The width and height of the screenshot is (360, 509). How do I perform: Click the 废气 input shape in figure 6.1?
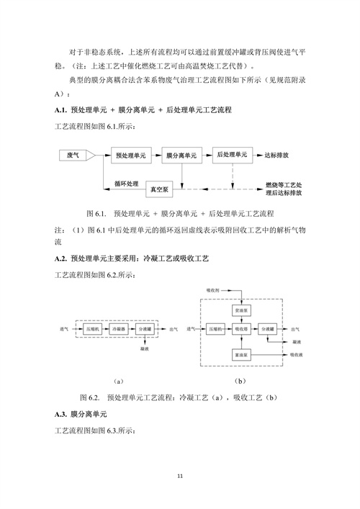(74, 156)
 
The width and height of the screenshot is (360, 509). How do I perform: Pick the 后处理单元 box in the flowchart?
(232, 155)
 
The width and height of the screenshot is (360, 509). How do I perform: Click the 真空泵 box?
(161, 189)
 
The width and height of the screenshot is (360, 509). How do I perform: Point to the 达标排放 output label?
(278, 155)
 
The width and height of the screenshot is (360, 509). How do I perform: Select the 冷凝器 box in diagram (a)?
(118, 328)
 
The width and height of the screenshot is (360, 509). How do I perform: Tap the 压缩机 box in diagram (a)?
(92, 328)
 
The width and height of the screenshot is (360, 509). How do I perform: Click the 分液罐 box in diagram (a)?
(143, 328)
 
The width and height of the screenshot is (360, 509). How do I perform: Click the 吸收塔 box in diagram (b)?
(241, 329)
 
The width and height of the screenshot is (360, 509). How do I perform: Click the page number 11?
(180, 475)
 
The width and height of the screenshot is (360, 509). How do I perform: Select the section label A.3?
(61, 415)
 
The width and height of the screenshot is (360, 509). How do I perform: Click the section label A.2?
(61, 258)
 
